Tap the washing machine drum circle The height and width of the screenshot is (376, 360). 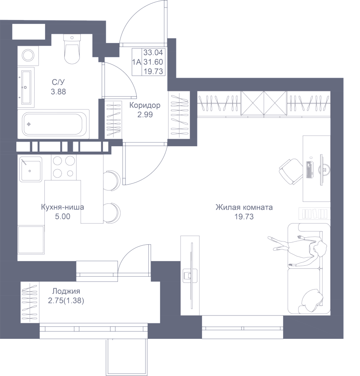click(x=28, y=56)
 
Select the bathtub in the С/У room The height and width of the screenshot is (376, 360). click(x=56, y=124)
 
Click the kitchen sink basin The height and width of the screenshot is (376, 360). click(x=31, y=169)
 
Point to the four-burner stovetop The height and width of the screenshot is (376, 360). click(x=64, y=167)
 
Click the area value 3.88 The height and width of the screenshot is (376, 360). click(x=58, y=91)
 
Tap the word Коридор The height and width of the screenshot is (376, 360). click(x=145, y=105)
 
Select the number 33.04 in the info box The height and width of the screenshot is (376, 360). click(x=153, y=52)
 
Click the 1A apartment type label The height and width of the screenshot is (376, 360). click(x=137, y=62)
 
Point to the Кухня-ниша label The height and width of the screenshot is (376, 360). click(x=62, y=207)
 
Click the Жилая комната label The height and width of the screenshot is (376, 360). click(x=244, y=207)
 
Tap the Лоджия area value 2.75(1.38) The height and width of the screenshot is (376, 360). click(x=66, y=301)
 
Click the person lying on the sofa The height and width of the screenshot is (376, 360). click(x=298, y=250)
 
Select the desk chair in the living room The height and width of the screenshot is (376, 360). click(x=291, y=172)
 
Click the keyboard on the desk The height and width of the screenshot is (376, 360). click(x=309, y=170)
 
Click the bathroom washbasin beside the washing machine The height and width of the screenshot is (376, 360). click(x=26, y=87)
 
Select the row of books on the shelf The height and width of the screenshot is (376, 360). click(x=314, y=213)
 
